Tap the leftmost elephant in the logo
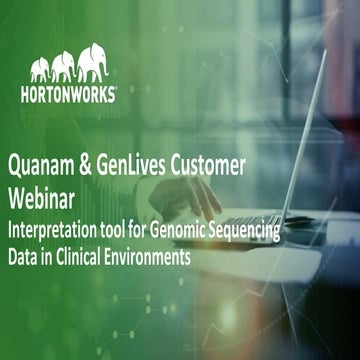pyautogui.click(x=40, y=70)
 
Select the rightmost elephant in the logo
pyautogui.click(x=93, y=62)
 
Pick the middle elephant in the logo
pyautogui.click(x=64, y=67)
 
